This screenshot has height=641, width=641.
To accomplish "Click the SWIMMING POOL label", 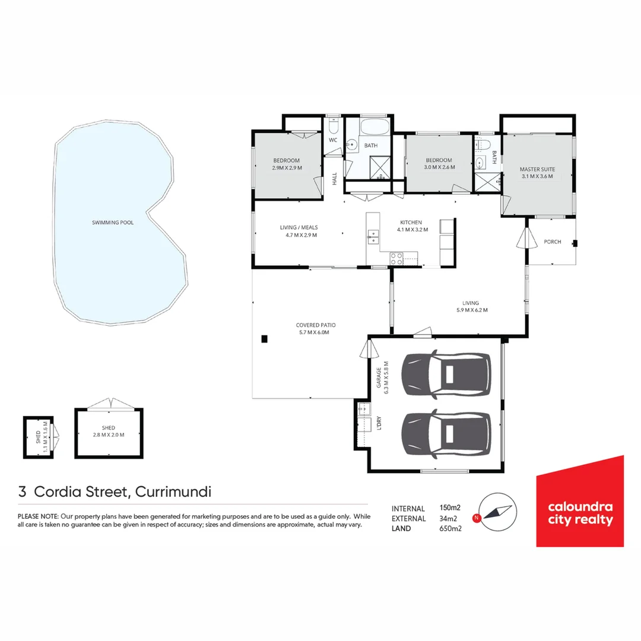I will pos(113,223).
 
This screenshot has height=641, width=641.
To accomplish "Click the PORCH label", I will pos(552,242).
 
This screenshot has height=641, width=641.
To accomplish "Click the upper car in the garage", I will pos(446,375).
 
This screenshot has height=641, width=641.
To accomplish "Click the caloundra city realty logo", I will pos(580,501).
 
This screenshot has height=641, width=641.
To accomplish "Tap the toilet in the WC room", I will pos(333,127).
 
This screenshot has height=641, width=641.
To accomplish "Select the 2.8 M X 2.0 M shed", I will pos(109,433).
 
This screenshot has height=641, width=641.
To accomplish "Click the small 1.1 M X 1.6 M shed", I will pos(39,437).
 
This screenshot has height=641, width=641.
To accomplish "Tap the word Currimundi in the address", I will pos(174,492).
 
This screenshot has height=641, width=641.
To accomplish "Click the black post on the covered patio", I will pos(265,339).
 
